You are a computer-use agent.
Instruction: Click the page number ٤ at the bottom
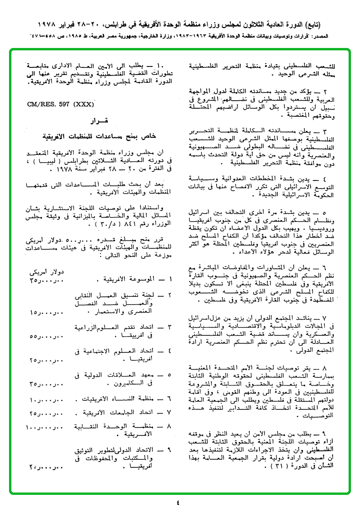click(x=178, y=502)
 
